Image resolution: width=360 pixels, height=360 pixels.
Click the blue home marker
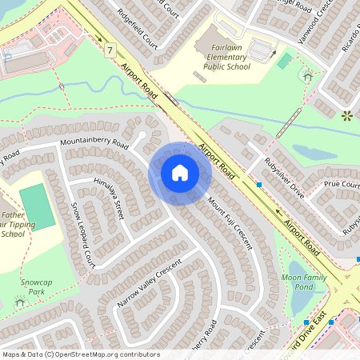[x=179, y=172]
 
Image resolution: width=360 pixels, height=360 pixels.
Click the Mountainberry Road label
[x=95, y=144]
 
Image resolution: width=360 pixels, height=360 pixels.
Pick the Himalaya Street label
[x=109, y=197]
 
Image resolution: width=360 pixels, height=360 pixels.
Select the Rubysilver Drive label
[x=284, y=179]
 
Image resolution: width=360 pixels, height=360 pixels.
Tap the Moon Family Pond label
[x=304, y=282]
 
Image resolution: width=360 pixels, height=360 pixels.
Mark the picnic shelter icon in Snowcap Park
[x=19, y=303]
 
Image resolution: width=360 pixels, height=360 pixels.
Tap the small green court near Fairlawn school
[x=284, y=61]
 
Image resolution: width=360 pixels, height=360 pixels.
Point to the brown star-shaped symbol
[x=346, y=115]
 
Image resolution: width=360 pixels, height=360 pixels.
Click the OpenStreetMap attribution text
[x=81, y=354]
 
